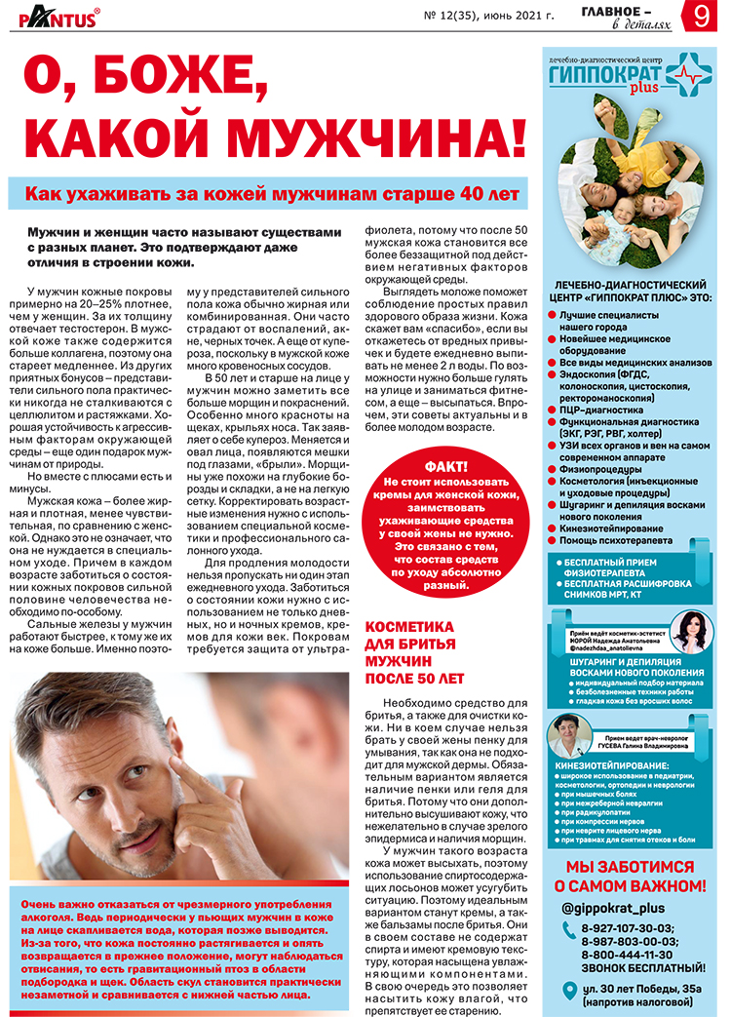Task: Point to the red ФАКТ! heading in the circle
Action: [x=445, y=466]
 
